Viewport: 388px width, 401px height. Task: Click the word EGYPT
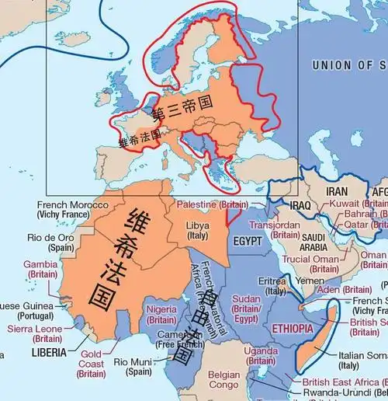pyautogui.click(x=248, y=241)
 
